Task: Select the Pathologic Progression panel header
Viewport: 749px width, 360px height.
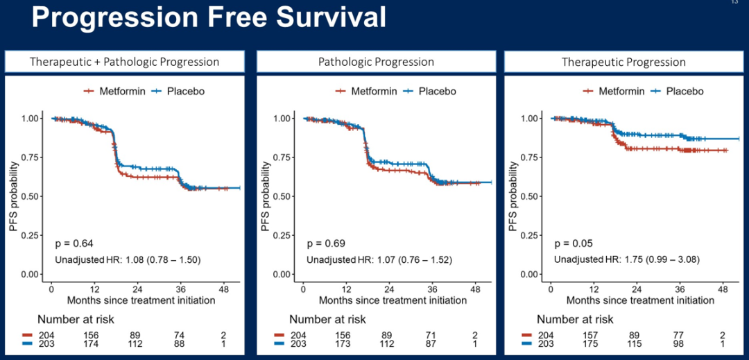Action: [376, 62]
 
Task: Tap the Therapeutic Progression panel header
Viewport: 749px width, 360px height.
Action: [623, 62]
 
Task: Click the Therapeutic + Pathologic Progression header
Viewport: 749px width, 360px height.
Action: [124, 62]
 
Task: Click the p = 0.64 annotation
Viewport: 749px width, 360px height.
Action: [74, 243]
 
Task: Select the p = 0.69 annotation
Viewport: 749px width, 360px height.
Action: [326, 243]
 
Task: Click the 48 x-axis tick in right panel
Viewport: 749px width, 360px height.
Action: [723, 288]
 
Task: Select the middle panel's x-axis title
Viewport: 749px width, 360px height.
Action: [393, 300]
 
